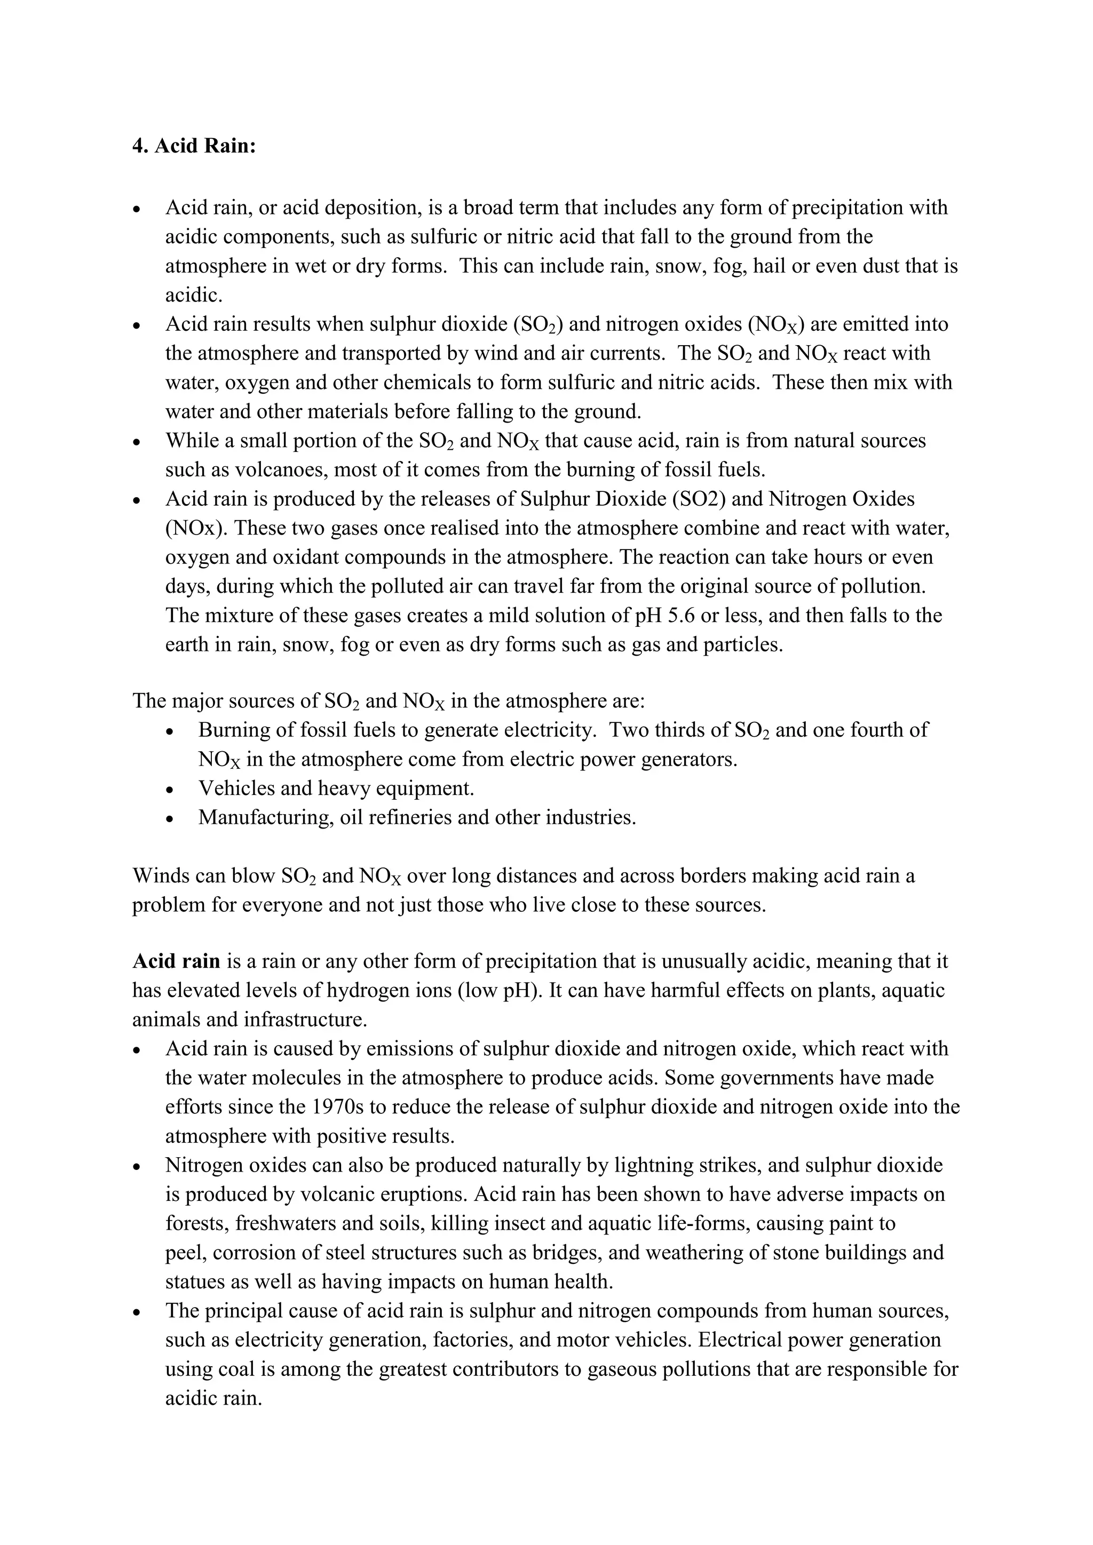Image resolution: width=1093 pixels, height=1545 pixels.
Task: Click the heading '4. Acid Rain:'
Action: [x=194, y=146]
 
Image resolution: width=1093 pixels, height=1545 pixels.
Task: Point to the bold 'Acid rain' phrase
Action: [x=176, y=961]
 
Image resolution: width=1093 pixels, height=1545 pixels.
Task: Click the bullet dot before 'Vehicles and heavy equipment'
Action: [x=170, y=790]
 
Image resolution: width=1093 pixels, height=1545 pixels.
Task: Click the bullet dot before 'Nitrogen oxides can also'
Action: [x=137, y=1166]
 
